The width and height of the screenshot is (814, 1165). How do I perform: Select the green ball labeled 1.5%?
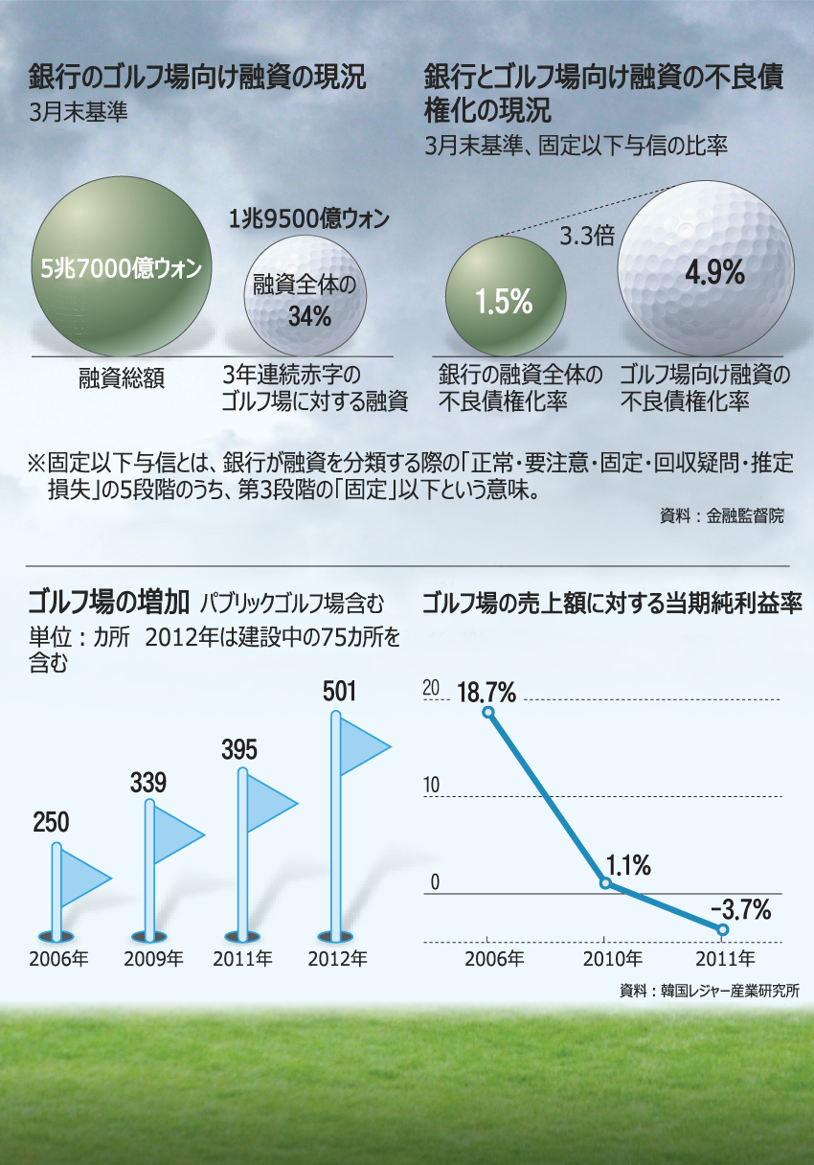coord(504,299)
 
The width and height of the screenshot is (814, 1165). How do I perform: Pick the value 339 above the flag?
coord(148,783)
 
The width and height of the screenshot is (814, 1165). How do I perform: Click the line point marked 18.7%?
coord(487,712)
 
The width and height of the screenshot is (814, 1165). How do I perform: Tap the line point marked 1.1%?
coord(604,882)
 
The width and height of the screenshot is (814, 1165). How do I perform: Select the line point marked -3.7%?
coord(722,929)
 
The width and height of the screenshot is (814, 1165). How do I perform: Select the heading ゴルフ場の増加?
coord(108,601)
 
